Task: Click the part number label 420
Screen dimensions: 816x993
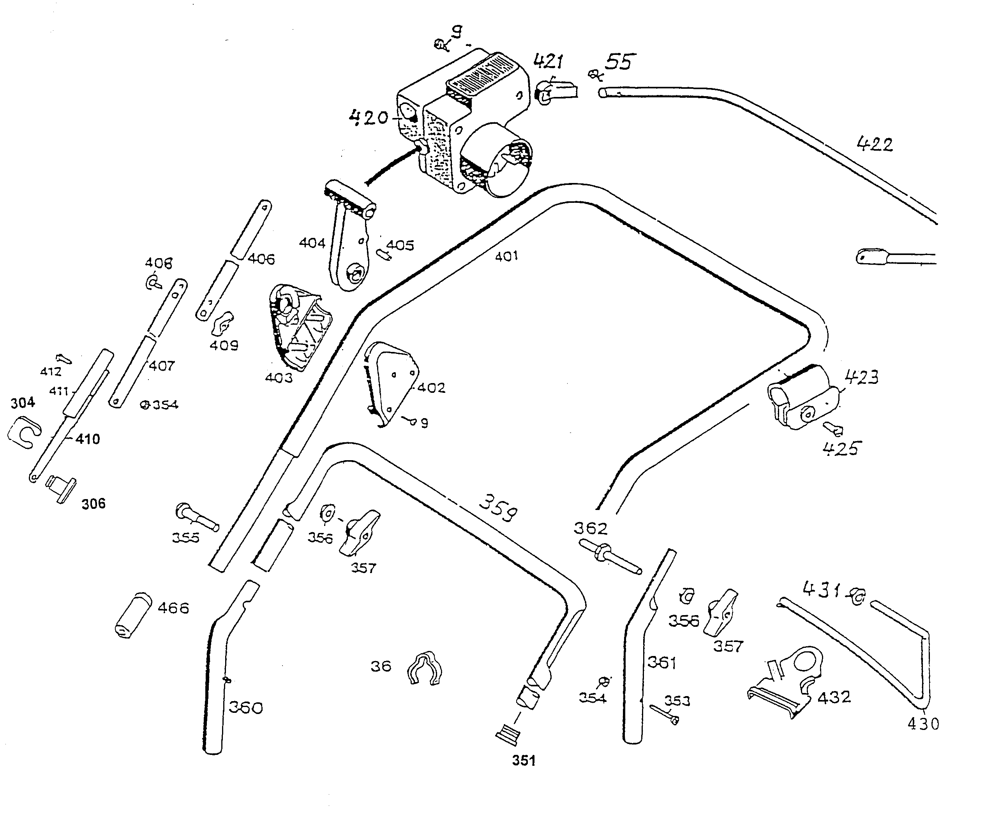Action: tap(368, 117)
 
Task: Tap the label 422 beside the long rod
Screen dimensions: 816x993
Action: tap(875, 143)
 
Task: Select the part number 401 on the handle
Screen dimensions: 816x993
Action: tap(506, 256)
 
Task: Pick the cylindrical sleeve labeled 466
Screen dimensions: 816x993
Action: tap(133, 614)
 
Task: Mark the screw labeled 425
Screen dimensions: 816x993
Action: tap(833, 428)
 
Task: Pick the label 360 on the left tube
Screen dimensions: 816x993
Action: tap(245, 707)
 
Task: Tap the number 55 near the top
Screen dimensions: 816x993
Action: tap(619, 62)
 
